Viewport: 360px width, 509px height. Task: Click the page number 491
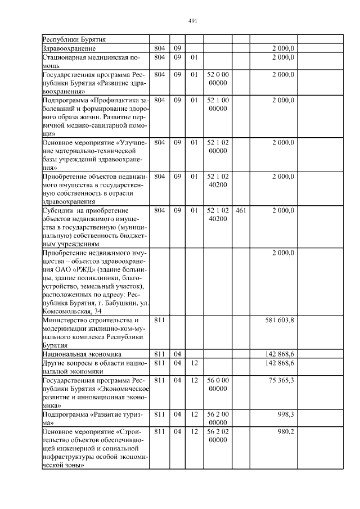192,21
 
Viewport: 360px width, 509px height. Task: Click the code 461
240,210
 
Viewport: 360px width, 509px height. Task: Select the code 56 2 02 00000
218,435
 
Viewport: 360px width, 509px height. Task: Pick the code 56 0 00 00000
218,385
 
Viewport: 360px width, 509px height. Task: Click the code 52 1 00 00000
218,104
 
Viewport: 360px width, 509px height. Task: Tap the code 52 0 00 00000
218,78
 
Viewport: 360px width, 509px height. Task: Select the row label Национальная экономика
83,354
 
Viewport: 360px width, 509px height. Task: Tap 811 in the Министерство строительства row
159,319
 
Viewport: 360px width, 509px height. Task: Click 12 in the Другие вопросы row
194,363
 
